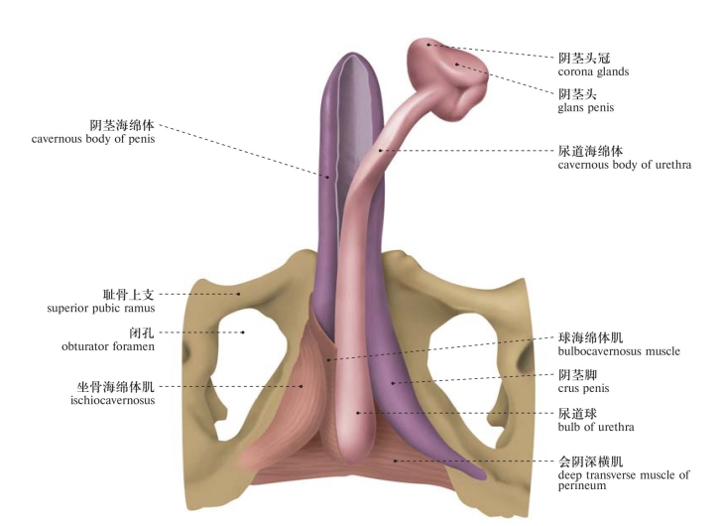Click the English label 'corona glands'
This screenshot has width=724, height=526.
click(593, 72)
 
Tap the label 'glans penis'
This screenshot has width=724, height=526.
click(586, 108)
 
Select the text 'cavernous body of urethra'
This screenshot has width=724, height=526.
click(624, 165)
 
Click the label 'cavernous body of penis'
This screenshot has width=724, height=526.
click(93, 139)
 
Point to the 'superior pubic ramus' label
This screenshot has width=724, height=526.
click(101, 309)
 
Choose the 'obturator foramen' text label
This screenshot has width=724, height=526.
click(108, 346)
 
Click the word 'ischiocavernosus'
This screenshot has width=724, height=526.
click(113, 400)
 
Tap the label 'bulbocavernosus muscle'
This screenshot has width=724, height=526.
click(619, 351)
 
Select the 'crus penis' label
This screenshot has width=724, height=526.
click(583, 389)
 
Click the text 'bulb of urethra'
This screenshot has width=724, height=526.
click(596, 427)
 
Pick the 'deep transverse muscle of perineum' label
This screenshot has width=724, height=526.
click(624, 480)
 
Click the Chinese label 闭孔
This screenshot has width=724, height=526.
click(141, 332)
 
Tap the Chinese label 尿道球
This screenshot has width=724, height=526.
click(577, 413)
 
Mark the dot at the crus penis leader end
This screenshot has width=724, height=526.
click(393, 383)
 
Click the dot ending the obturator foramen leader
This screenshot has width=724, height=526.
click(243, 332)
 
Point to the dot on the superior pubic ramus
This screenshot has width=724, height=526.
click(239, 294)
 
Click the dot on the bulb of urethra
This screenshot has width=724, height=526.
click(358, 413)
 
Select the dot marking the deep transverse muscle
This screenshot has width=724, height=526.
click(396, 460)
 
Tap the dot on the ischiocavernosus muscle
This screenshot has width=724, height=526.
click(302, 386)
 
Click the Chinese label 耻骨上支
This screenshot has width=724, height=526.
click(128, 295)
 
